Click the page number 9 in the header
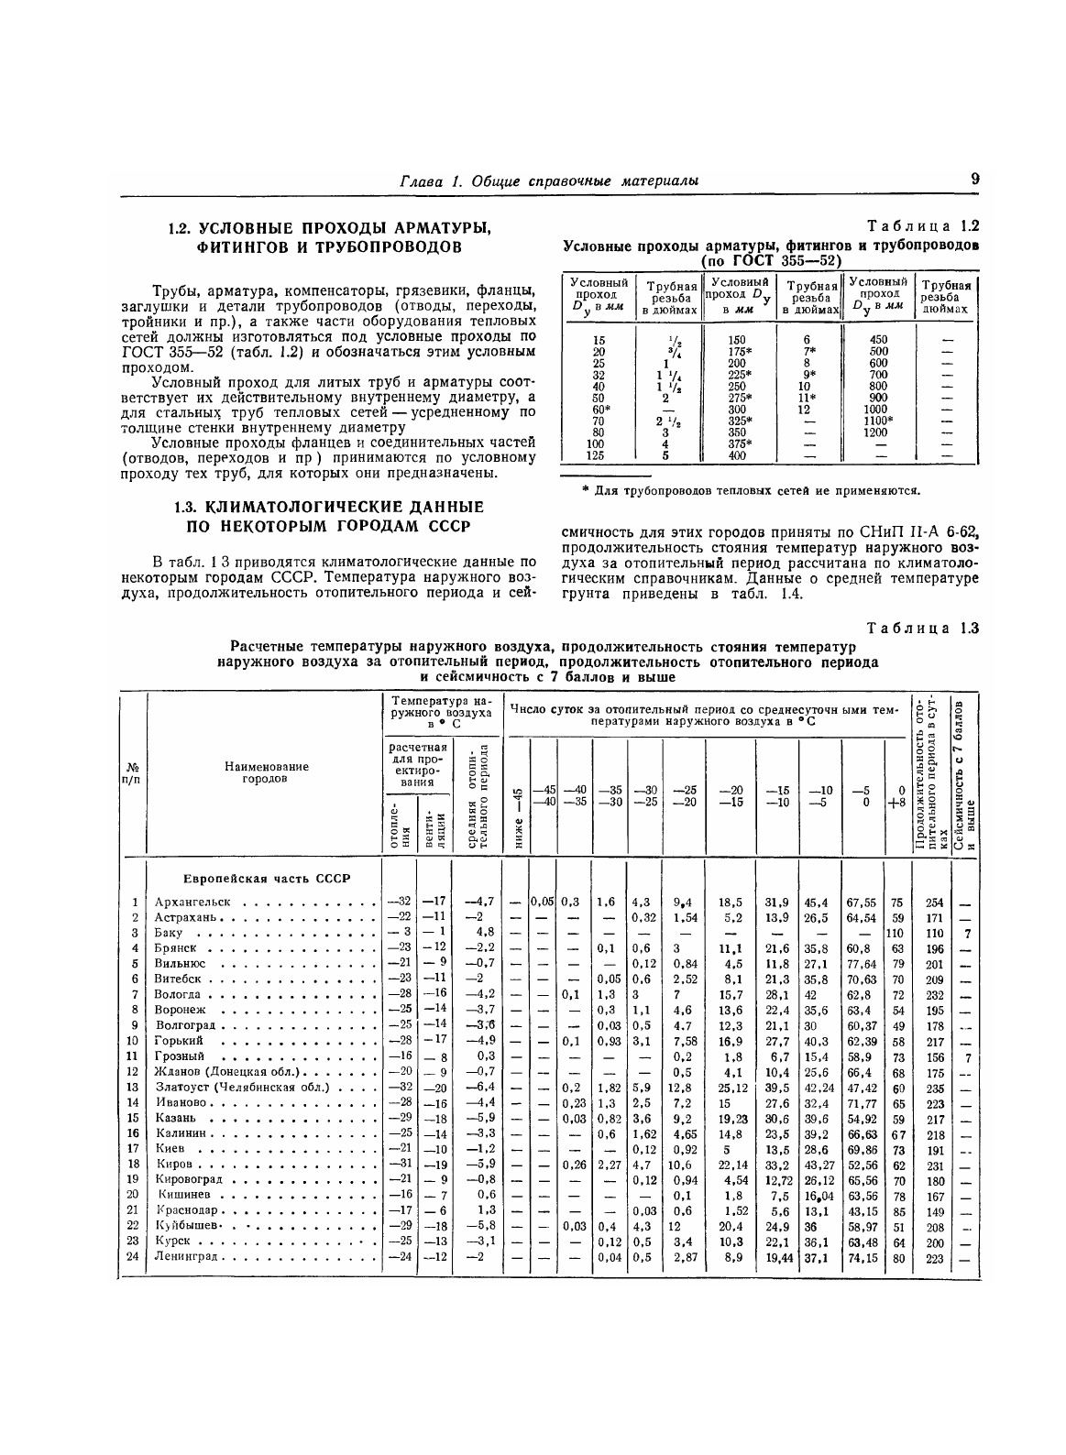(974, 180)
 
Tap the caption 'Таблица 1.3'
(923, 629)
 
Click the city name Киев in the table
(170, 1149)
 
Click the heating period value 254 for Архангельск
(934, 903)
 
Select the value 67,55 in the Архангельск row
(861, 903)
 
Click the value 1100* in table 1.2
(877, 419)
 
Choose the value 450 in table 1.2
(878, 339)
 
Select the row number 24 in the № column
(133, 1256)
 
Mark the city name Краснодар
(186, 1210)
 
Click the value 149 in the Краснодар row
(934, 1210)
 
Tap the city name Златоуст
(183, 1088)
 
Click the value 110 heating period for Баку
(934, 934)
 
